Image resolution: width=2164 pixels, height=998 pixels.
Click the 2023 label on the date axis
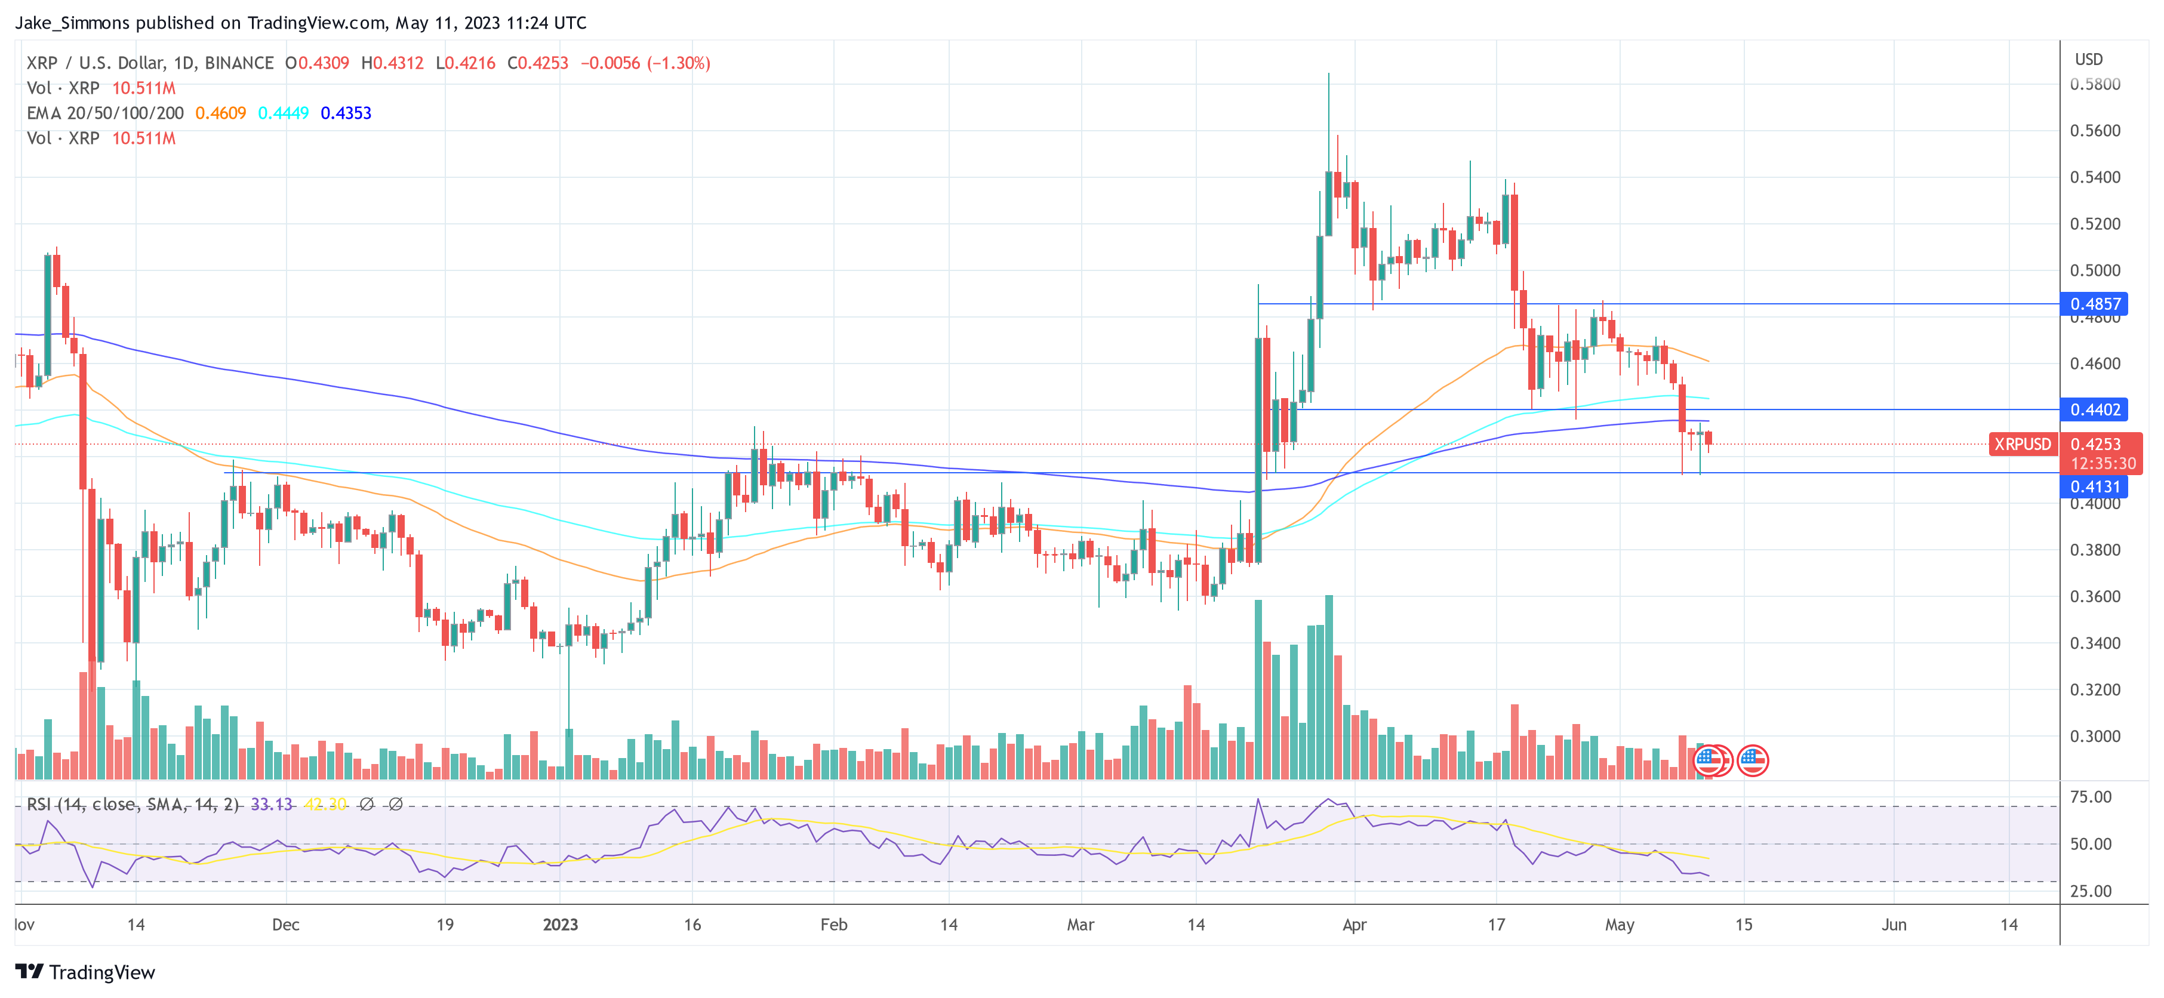561,925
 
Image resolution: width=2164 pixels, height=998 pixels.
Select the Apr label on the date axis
1354,925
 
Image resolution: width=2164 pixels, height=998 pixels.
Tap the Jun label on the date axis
1894,925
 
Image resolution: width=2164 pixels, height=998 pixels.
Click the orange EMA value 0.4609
220,113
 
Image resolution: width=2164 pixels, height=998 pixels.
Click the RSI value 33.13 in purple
272,805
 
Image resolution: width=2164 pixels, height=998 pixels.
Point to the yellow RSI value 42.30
325,805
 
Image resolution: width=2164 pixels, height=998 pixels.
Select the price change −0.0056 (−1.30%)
645,63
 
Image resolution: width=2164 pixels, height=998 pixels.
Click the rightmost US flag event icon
1752,761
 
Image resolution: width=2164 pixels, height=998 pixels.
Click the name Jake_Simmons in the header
72,23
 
